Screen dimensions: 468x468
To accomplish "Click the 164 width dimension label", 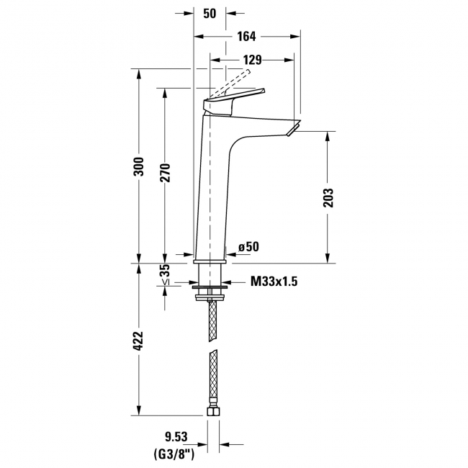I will [x=247, y=36].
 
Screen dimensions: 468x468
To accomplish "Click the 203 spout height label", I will [x=328, y=196].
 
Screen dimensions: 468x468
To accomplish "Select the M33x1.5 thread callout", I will [x=274, y=282].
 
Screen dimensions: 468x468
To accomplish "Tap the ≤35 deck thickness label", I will [x=166, y=274].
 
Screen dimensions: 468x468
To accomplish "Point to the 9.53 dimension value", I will [x=171, y=436].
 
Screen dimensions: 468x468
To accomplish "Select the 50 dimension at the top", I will [x=210, y=14].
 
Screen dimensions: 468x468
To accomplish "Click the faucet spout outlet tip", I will [x=292, y=130].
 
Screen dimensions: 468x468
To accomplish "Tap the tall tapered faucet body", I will [x=214, y=187].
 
